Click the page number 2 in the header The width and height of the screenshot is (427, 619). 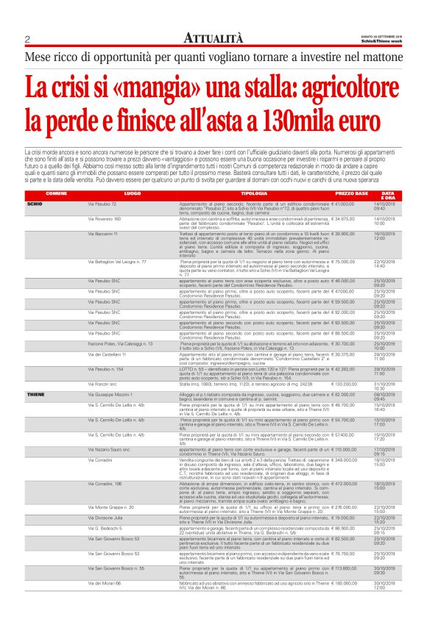tap(27, 39)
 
